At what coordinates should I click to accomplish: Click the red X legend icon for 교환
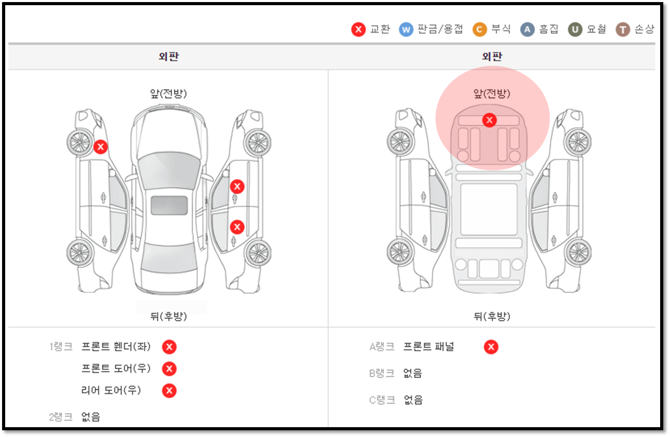point(358,30)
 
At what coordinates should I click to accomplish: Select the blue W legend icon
point(406,30)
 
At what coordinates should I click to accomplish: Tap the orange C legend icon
point(479,30)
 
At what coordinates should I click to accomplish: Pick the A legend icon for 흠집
point(527,30)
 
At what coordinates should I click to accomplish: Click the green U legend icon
point(575,30)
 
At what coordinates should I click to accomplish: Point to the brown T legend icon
point(623,30)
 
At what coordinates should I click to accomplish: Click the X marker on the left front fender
point(100,147)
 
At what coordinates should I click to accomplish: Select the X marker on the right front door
point(237,186)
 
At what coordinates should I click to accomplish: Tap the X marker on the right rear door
point(237,227)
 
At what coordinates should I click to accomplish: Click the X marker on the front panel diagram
point(489,120)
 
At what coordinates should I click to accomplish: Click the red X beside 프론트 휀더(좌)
point(169,347)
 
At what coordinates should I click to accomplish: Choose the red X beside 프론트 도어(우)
point(169,369)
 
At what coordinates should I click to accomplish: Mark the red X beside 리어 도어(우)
point(169,390)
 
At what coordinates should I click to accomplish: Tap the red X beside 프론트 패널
point(491,347)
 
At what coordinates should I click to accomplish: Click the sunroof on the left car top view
point(169,206)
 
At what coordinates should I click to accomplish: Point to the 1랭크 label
point(61,347)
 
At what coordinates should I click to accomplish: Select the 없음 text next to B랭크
point(413,373)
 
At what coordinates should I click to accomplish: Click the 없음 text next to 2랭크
point(91,417)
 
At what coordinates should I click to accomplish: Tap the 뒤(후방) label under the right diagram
point(492,316)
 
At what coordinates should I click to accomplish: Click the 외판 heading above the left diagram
point(169,56)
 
